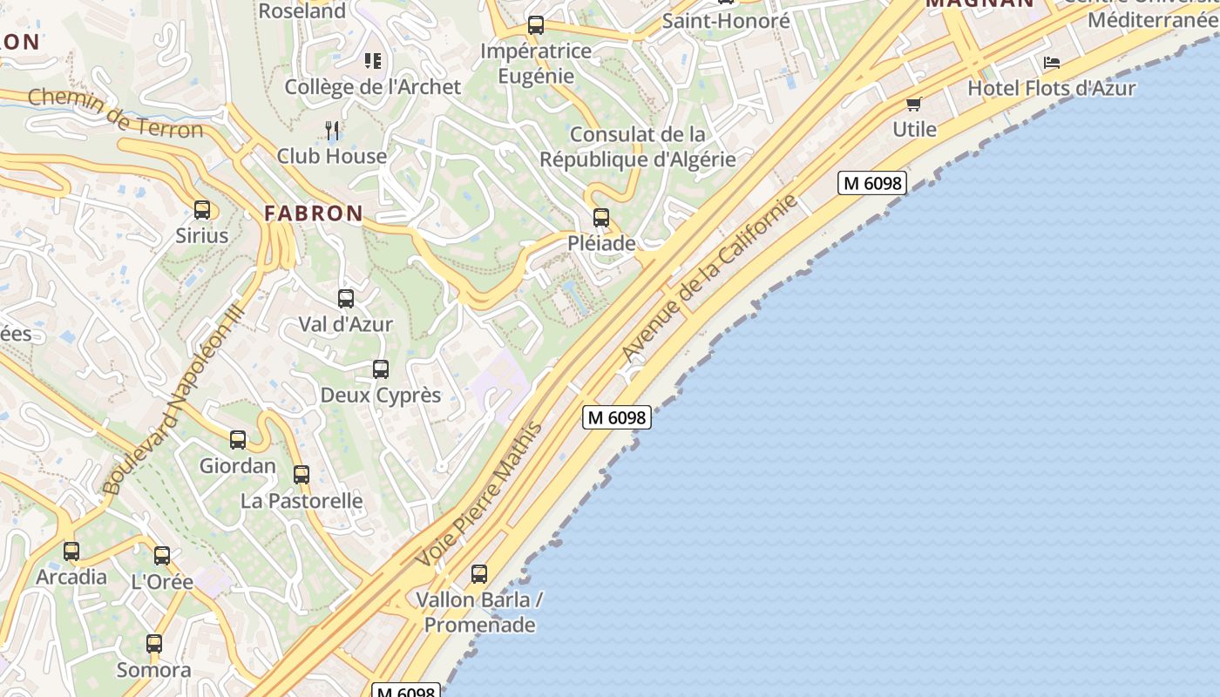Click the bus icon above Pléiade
click(601, 218)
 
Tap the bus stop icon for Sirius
click(202, 210)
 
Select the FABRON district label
click(314, 213)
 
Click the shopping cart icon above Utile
click(914, 105)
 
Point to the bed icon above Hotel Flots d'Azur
click(1052, 63)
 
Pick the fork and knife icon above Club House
click(332, 131)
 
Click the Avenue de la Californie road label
click(710, 279)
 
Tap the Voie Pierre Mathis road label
click(480, 493)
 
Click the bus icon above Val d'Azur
click(346, 299)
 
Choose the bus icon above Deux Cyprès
click(381, 369)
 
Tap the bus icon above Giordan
click(238, 440)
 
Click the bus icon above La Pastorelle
click(302, 475)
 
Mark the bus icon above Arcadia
click(71, 552)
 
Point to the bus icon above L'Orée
click(162, 556)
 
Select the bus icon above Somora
click(154, 644)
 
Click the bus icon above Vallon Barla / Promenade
click(479, 574)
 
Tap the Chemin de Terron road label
click(115, 113)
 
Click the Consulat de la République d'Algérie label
click(638, 147)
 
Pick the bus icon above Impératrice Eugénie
click(536, 25)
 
